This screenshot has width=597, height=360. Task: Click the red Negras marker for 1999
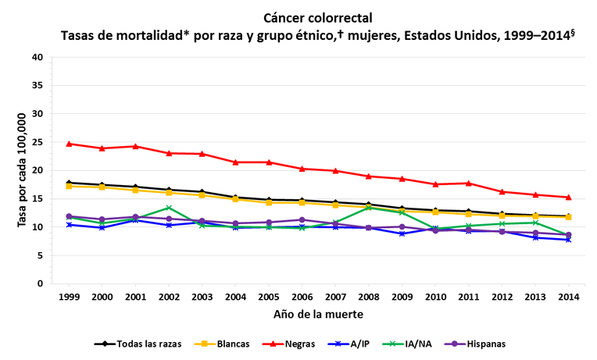tap(69, 144)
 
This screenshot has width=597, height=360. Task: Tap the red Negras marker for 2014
tap(568, 197)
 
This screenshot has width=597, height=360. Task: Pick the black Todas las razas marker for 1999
tap(69, 183)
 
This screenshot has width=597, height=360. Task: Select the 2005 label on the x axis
tap(269, 298)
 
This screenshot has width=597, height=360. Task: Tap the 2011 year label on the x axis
tap(468, 298)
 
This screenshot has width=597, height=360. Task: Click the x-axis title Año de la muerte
tap(319, 314)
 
